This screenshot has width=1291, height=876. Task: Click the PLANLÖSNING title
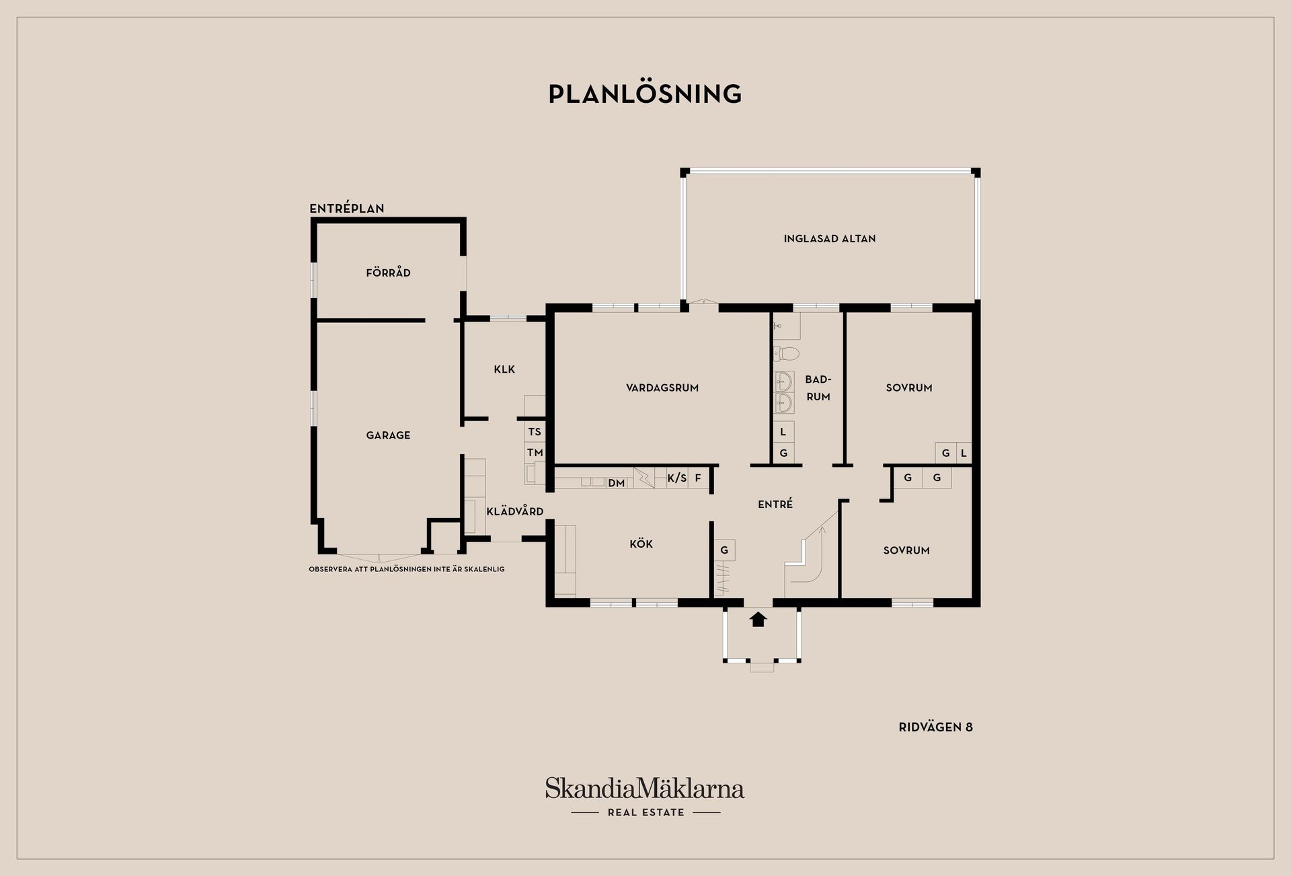645,94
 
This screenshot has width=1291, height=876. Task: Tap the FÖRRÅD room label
388,272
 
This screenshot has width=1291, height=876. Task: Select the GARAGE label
388,435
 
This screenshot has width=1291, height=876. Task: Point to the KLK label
504,369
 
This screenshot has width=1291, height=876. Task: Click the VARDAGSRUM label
662,388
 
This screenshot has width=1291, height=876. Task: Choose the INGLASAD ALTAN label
830,238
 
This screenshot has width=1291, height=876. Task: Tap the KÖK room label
641,543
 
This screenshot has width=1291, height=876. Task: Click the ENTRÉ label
775,503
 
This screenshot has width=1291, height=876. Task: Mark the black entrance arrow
758,619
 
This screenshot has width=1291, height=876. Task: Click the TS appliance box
535,432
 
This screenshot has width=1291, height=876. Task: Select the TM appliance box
535,453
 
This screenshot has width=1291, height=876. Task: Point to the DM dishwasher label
617,483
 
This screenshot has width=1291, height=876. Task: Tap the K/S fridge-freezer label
677,478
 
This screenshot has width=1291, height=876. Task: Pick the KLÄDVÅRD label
515,511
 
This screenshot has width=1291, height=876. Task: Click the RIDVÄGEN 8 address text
936,727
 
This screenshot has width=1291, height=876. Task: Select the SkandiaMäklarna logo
645,797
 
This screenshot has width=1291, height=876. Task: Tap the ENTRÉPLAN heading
347,209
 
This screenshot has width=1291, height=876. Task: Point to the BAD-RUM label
818,388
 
